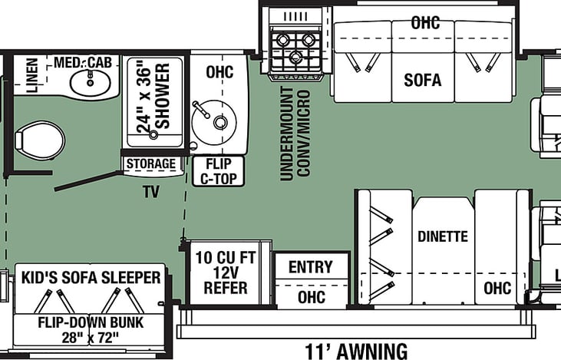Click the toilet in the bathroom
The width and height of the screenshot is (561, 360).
40,140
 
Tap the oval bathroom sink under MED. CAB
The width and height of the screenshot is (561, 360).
91,82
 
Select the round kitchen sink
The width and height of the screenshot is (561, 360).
214,122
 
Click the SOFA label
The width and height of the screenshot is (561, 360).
423,80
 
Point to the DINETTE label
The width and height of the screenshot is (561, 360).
443,236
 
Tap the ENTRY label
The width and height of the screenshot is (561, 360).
311,267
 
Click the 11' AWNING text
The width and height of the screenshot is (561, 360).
356,351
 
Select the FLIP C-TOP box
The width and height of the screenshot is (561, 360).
218,171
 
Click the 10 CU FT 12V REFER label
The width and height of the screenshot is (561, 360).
226,272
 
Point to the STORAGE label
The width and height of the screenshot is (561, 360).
151,164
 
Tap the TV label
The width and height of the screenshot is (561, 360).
151,192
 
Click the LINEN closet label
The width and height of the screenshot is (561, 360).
31,75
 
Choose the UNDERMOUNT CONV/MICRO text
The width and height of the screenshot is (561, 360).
295,134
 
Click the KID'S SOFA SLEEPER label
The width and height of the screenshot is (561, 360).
91,278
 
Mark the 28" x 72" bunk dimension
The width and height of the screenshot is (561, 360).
90,338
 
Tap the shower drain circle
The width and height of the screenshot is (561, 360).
153,135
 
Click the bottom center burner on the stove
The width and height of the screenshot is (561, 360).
295,57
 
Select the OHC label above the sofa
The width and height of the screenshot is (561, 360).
425,23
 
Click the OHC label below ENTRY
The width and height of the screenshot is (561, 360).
312,297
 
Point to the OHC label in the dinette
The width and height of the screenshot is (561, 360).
497,288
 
